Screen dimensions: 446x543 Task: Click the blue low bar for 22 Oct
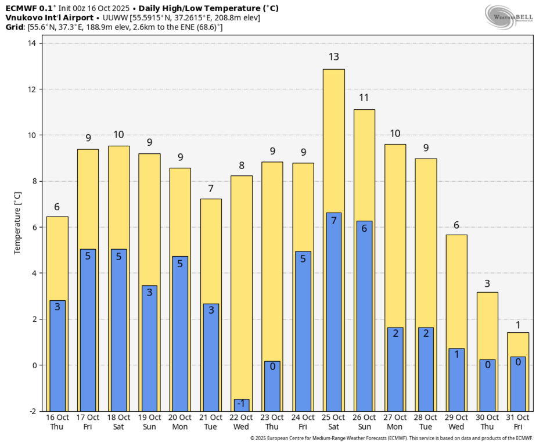242,405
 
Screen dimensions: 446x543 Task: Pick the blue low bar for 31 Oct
518,383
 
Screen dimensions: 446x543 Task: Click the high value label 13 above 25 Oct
334,57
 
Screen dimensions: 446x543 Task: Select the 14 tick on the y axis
33,44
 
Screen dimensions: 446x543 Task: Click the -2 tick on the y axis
33,411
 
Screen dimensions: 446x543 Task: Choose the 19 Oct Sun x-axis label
149,422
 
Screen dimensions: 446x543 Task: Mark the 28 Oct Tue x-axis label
426,422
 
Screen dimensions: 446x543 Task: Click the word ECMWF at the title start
21,8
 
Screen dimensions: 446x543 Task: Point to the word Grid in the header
14,27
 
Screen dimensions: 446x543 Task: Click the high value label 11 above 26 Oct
364,98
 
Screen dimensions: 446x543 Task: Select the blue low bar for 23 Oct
272,386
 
